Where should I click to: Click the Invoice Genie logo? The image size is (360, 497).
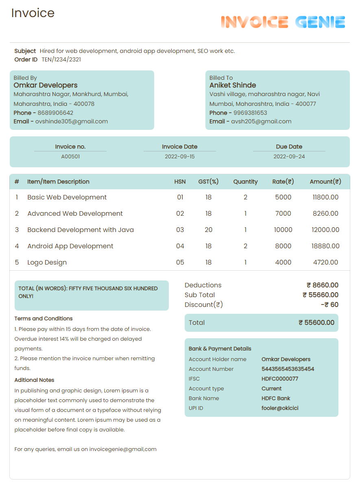click(x=283, y=22)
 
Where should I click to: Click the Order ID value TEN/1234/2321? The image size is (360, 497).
click(x=61, y=59)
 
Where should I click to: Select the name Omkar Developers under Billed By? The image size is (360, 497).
click(x=46, y=85)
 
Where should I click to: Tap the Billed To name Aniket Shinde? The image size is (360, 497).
click(x=233, y=85)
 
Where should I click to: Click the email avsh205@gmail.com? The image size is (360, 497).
click(x=261, y=121)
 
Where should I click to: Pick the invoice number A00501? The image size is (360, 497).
click(x=70, y=156)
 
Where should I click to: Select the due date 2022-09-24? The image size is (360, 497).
click(x=289, y=156)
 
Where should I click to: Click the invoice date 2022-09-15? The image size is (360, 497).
click(x=179, y=156)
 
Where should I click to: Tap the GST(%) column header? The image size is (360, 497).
click(x=208, y=182)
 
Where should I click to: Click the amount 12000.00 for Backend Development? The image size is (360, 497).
click(x=325, y=230)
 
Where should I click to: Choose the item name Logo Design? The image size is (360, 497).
click(x=47, y=262)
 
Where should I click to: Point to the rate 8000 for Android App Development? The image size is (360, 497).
click(x=283, y=246)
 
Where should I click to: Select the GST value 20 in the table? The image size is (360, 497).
click(x=208, y=230)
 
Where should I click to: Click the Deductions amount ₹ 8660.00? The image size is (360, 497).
click(x=322, y=285)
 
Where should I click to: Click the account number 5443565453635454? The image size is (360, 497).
click(x=288, y=369)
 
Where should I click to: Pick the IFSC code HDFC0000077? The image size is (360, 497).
click(x=279, y=379)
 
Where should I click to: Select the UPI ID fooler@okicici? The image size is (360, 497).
click(x=279, y=408)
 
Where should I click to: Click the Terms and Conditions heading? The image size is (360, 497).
click(x=44, y=318)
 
